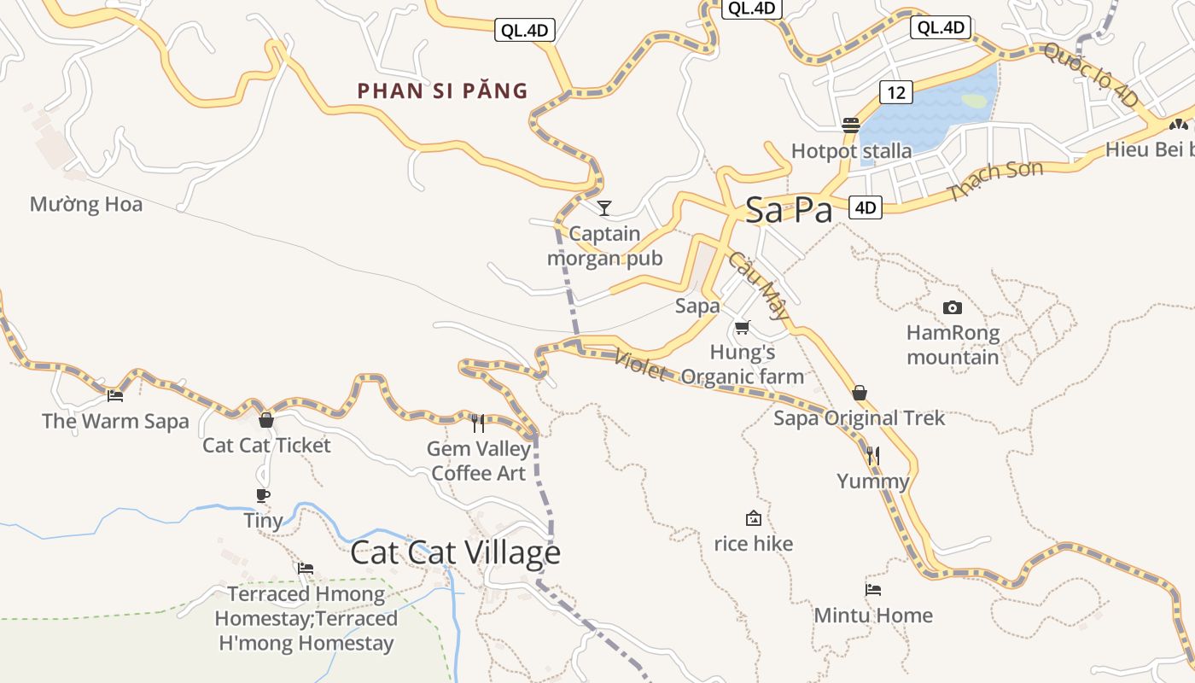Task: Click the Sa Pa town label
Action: (788, 210)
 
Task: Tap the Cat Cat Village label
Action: (455, 553)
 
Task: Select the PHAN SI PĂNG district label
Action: (442, 90)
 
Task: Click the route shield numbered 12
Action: (896, 91)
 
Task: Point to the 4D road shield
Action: (866, 207)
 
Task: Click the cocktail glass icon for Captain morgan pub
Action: (604, 207)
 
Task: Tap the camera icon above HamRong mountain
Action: (952, 307)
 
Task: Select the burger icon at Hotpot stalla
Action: (850, 126)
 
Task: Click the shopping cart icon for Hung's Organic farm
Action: (743, 327)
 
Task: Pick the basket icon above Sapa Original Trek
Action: (860, 393)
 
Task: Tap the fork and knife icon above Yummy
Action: (872, 455)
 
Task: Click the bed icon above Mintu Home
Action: (872, 589)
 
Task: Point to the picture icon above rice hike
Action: (753, 518)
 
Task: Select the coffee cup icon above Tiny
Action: (263, 495)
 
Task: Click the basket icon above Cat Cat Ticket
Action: (266, 419)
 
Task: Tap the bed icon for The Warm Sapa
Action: (115, 395)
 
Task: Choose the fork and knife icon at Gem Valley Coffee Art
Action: (478, 423)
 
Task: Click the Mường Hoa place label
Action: (85, 205)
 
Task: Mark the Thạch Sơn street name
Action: (994, 181)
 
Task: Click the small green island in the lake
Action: (974, 101)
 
